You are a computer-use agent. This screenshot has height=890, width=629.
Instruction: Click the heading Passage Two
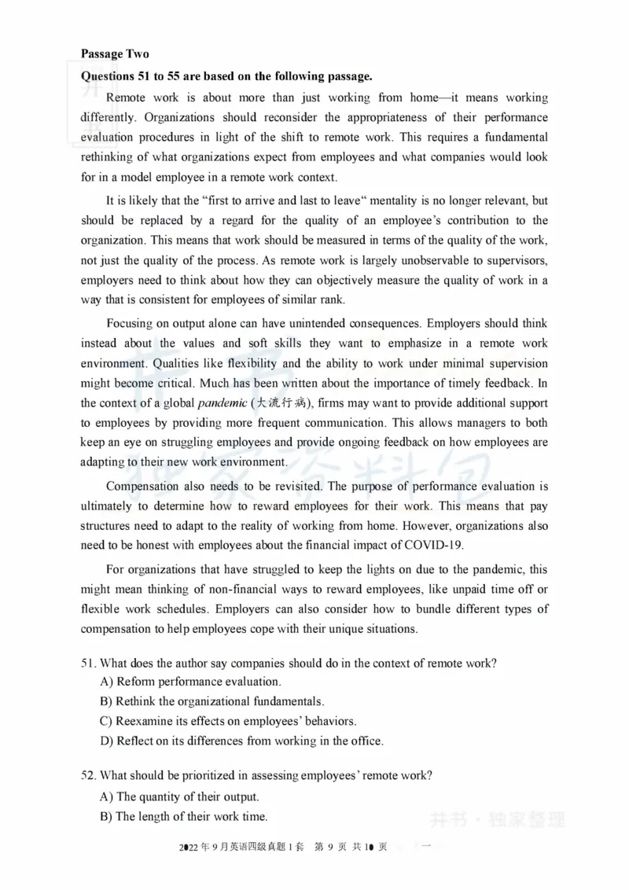click(x=115, y=54)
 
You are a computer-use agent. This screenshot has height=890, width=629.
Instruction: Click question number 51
click(x=88, y=663)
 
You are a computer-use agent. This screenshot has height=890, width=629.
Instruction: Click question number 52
click(x=88, y=775)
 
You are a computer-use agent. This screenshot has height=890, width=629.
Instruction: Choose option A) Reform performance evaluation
click(x=190, y=682)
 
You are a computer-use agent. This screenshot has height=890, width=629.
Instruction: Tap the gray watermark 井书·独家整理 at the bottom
click(x=497, y=820)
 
